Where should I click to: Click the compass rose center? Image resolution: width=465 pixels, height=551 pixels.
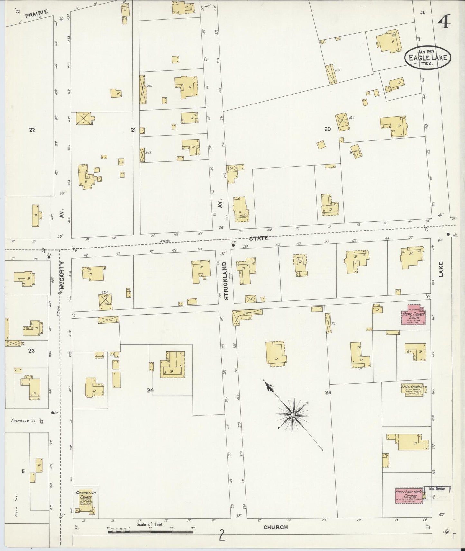pos(293,415)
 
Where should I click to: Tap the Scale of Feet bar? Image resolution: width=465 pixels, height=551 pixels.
pos(151,532)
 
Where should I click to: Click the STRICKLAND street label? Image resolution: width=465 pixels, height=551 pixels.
pos(226,281)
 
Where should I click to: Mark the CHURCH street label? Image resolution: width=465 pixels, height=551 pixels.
pos(275,527)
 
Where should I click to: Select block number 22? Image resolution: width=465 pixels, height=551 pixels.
pos(32,130)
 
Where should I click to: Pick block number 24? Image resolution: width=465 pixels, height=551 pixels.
pos(151,390)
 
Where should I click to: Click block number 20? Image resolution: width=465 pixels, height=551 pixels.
pos(328,129)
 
